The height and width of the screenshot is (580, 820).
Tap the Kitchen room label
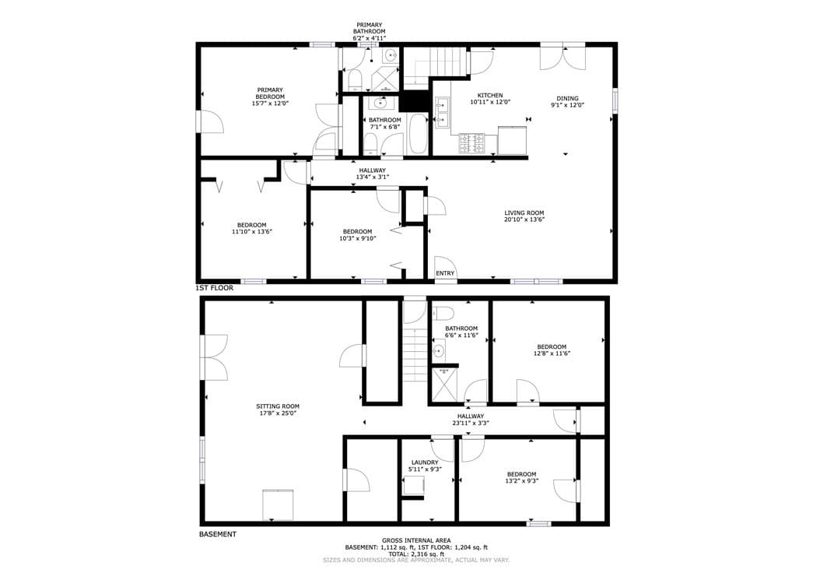[x=490, y=95]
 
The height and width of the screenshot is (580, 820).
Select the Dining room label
[x=567, y=98]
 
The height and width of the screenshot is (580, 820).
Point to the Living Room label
[x=524, y=213]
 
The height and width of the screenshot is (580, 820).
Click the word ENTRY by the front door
[x=445, y=273]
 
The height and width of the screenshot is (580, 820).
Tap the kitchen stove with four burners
[x=471, y=143]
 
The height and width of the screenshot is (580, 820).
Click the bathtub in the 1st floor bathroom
[x=418, y=133]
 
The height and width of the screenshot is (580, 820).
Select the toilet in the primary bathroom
[x=355, y=80]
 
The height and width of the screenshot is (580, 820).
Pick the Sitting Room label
[x=278, y=406]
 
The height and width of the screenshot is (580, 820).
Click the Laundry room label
[x=425, y=462]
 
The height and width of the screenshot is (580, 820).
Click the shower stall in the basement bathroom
[x=443, y=384]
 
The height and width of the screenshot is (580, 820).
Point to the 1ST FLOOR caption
[x=215, y=288]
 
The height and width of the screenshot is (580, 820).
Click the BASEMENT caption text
[x=218, y=534]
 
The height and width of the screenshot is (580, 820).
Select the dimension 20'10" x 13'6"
[x=524, y=220]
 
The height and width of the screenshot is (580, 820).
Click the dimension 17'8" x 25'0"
[x=278, y=413]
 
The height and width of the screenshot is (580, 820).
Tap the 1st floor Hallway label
[x=373, y=170]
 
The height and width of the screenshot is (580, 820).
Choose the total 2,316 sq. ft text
[x=416, y=554]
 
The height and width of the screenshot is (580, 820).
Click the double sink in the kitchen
[x=442, y=113]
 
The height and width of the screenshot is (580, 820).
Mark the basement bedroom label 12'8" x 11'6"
[x=552, y=353]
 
